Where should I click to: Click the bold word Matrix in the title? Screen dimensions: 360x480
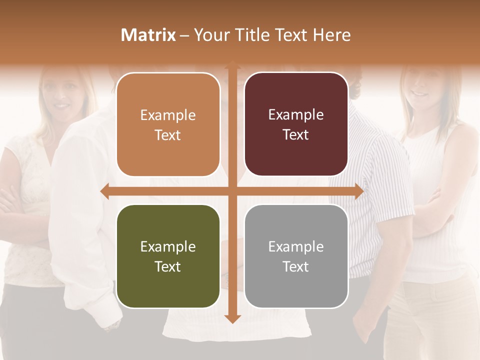pyautogui.click(x=148, y=35)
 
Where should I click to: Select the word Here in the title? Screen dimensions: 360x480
pyautogui.click(x=331, y=35)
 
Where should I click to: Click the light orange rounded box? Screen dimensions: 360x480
pyautogui.click(x=168, y=125)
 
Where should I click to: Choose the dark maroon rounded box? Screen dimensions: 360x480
pyautogui.click(x=296, y=124)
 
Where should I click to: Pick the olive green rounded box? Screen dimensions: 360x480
pyautogui.click(x=168, y=256)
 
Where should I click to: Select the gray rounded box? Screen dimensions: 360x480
pyautogui.click(x=296, y=256)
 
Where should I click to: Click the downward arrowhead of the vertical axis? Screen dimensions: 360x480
pyautogui.click(x=232, y=318)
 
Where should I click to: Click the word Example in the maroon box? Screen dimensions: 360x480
pyautogui.click(x=296, y=115)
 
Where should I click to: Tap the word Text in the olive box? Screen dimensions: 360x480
pyautogui.click(x=168, y=266)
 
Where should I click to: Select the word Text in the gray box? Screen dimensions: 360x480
pyautogui.click(x=296, y=266)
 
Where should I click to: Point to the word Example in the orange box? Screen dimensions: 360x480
pyautogui.click(x=168, y=115)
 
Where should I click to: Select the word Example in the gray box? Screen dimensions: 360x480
pyautogui.click(x=296, y=246)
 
